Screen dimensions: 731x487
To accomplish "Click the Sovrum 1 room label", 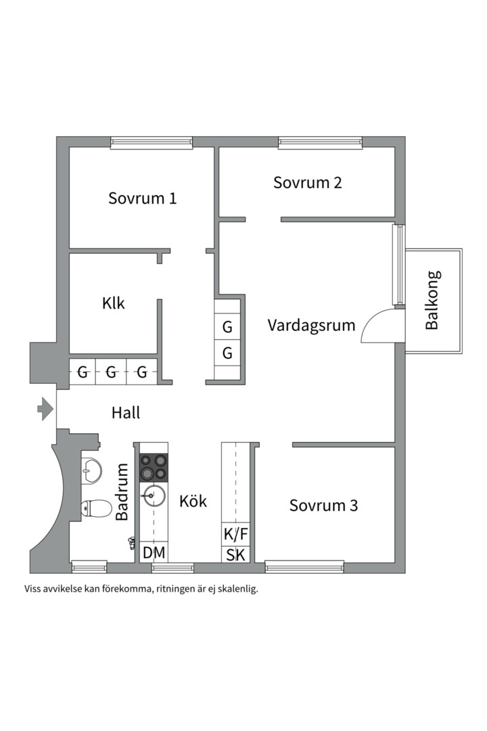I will click(143, 198).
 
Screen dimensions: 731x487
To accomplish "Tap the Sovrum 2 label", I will click(308, 182).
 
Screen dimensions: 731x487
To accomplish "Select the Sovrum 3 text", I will click(323, 505).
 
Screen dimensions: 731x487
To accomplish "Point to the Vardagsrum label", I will click(311, 325).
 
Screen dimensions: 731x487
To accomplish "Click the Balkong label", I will click(432, 301).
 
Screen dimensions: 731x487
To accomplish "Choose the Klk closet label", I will click(114, 303).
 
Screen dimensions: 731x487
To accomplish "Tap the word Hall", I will click(126, 412).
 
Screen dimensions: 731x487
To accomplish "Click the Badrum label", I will click(122, 492).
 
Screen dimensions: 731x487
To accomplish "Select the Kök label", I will click(193, 502).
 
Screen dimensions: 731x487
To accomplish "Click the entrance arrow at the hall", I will click(45, 409).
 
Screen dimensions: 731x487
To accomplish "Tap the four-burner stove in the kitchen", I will click(154, 467).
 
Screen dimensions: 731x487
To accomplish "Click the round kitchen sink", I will click(154, 497).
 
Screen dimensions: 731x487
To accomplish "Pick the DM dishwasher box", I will click(154, 553).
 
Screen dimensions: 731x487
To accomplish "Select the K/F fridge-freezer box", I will click(236, 534).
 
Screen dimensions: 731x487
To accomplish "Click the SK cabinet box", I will click(236, 556).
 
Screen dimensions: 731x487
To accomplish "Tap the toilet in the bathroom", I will click(95, 508).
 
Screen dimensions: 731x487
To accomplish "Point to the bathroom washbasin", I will click(91, 468).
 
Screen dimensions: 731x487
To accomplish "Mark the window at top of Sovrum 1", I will click(152, 143).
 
